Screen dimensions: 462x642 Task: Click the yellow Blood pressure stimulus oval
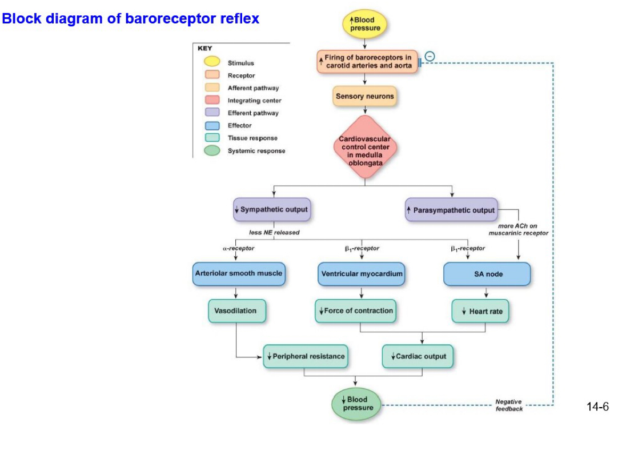(x=364, y=24)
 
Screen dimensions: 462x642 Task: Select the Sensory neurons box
(x=364, y=96)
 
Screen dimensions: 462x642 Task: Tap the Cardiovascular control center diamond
(x=365, y=147)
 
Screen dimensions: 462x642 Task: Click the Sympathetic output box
(x=271, y=209)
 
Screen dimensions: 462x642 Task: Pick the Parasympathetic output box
(x=451, y=210)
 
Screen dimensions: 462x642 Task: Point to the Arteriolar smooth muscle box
(x=238, y=273)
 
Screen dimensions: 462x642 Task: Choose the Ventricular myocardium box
(x=362, y=274)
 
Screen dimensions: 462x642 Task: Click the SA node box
(x=487, y=274)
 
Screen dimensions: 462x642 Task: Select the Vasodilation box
(x=236, y=310)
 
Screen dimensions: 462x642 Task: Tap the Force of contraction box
(x=356, y=310)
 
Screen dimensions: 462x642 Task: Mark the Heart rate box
(x=480, y=311)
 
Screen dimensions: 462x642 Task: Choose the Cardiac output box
(x=418, y=356)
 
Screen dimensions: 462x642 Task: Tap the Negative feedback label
(x=508, y=405)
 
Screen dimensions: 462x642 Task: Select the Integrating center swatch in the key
(x=212, y=101)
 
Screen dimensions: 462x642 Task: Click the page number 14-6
(x=597, y=407)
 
